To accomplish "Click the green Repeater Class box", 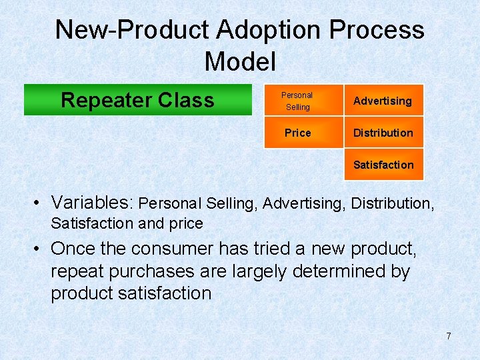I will pyautogui.click(x=137, y=100).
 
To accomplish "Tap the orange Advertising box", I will pyautogui.click(x=383, y=101).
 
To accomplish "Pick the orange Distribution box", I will pyautogui.click(x=383, y=133).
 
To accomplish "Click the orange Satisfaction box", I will pyautogui.click(x=383, y=165).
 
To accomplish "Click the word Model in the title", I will pyautogui.click(x=240, y=61).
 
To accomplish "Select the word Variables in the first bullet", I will pyautogui.click(x=93, y=202).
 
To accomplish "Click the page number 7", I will pyautogui.click(x=449, y=336).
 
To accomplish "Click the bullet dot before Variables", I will pyautogui.click(x=41, y=203).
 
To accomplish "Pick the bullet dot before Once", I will pyautogui.click(x=41, y=249).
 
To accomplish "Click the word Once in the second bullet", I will pyautogui.click(x=73, y=249).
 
